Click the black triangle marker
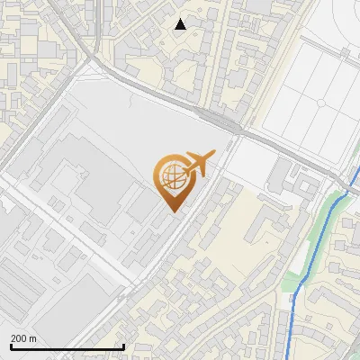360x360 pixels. tap(181, 24)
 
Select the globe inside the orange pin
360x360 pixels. tap(171, 177)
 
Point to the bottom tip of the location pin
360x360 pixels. tap(171, 211)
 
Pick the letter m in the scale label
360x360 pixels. tap(34, 338)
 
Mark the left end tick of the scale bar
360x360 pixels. tap(11, 346)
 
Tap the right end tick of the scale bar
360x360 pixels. tap(123, 346)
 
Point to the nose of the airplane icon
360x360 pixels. tap(213, 154)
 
